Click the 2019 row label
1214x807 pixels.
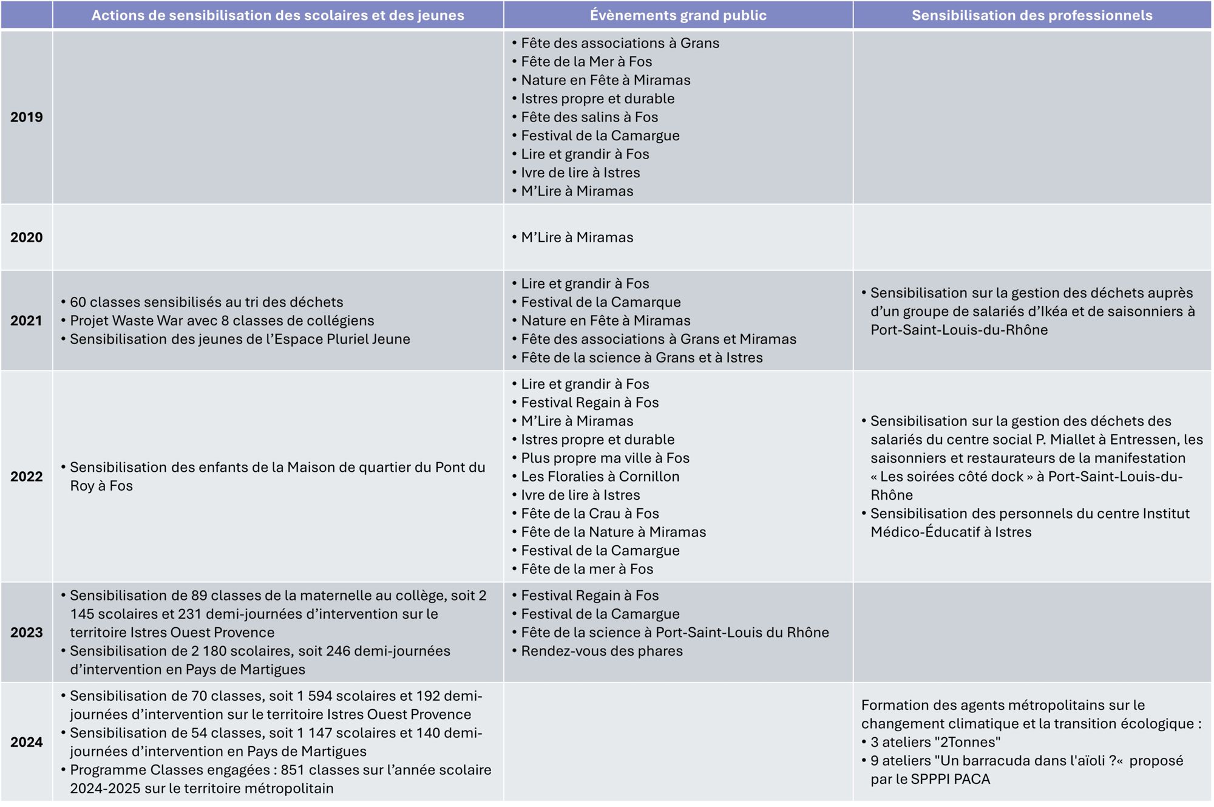pos(27,117)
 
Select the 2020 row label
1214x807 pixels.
pos(27,237)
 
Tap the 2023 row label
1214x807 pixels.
pos(27,632)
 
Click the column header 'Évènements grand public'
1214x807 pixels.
pos(678,15)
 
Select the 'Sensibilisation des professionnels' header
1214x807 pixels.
pos(1031,15)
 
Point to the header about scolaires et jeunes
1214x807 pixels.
pos(277,15)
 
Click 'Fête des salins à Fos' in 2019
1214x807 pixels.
pos(589,117)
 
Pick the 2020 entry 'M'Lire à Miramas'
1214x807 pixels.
pos(577,237)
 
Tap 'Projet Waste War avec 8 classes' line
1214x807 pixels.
pos(222,321)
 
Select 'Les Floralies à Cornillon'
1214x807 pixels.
pos(600,477)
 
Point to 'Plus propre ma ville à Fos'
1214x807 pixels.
pos(605,458)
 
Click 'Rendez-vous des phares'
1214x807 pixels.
pos(602,651)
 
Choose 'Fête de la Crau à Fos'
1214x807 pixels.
pos(589,514)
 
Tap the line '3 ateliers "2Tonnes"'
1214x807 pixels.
pos(935,742)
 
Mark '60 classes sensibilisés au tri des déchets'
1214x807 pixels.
pos(206,302)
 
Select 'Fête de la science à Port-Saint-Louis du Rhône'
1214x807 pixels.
pos(674,632)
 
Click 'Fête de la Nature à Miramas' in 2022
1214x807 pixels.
pos(613,532)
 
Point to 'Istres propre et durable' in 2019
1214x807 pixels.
pos(597,98)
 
